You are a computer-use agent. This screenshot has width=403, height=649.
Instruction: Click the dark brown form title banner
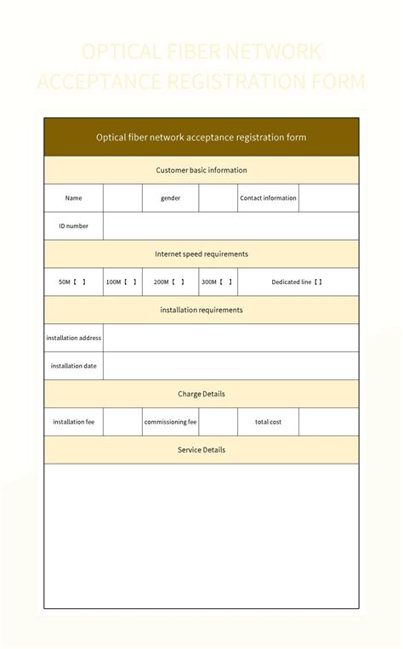(x=201, y=137)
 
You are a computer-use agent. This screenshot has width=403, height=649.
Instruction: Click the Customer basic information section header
(x=201, y=170)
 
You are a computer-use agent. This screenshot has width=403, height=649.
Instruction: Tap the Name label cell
(x=74, y=198)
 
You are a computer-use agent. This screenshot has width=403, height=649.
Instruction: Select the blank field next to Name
(x=122, y=198)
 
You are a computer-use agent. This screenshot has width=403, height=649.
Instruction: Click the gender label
(x=171, y=198)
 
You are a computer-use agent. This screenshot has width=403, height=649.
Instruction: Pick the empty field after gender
(x=219, y=198)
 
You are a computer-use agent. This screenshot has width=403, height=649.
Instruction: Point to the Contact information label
(x=268, y=198)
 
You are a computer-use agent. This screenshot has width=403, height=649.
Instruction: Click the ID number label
(x=74, y=226)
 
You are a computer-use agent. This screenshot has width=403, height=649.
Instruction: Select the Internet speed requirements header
(x=201, y=253)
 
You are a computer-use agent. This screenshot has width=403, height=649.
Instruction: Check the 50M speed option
(x=74, y=282)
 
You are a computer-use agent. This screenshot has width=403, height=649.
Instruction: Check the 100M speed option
(x=122, y=282)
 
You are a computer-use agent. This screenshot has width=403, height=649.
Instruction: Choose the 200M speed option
(x=171, y=282)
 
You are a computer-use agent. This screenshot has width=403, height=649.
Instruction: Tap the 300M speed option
(x=219, y=282)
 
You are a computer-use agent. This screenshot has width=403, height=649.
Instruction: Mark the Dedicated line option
(x=298, y=282)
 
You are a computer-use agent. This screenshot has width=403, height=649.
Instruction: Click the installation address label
(x=74, y=338)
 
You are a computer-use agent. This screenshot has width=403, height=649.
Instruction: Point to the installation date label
(x=74, y=366)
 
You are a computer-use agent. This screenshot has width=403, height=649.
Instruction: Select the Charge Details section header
(x=201, y=394)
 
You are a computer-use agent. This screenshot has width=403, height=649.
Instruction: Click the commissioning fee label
(x=171, y=422)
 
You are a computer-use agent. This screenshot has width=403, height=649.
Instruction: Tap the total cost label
(x=268, y=422)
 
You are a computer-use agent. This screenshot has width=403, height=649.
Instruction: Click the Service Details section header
(x=201, y=450)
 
